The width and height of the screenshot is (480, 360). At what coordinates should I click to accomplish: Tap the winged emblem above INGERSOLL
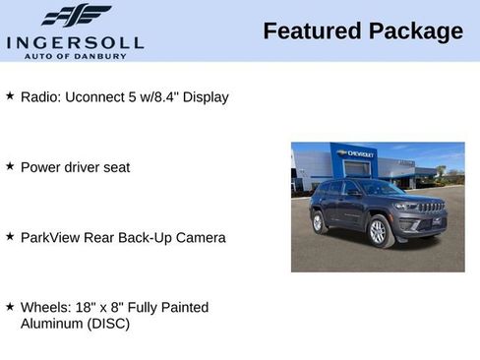click(x=76, y=16)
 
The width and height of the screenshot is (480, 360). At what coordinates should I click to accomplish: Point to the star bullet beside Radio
click(x=10, y=96)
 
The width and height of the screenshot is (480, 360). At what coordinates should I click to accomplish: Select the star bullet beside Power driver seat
click(x=10, y=166)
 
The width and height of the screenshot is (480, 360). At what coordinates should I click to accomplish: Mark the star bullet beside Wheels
click(x=10, y=307)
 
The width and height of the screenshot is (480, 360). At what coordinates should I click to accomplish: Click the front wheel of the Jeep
click(x=377, y=232)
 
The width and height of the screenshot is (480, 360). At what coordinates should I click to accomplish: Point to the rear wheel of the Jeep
click(x=319, y=223)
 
